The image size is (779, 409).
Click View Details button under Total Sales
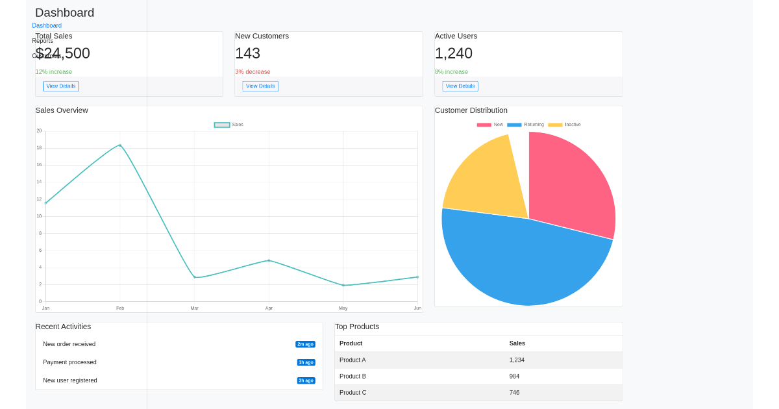61,86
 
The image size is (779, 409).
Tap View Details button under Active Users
460,86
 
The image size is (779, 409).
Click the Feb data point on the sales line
120,145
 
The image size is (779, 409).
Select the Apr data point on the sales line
269,260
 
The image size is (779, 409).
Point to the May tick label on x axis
343,308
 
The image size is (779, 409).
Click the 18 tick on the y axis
39,148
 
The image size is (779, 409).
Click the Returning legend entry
526,125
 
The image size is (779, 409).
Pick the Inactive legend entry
565,125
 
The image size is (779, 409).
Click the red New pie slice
571,182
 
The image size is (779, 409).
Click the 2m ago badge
305,344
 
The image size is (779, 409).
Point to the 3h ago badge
306,380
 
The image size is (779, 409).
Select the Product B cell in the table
352,377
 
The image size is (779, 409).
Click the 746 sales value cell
514,393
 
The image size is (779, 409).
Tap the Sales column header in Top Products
517,343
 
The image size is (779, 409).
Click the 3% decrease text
253,72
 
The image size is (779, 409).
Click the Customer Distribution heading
471,110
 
